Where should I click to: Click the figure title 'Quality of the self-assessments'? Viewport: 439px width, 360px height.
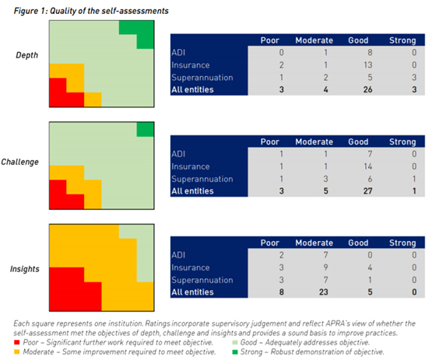pyautogui.click(x=109, y=11)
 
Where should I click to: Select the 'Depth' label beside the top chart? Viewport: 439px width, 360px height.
pyautogui.click(x=27, y=55)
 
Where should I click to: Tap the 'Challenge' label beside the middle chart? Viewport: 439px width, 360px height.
pyautogui.click(x=20, y=162)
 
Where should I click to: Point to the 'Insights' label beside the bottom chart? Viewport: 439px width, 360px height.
pyautogui.click(x=25, y=269)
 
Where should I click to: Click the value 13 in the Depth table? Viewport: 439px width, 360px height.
pyautogui.click(x=367, y=65)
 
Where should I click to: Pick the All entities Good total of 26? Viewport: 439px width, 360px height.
pyautogui.click(x=367, y=89)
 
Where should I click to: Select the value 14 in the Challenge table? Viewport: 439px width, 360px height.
pyautogui.click(x=367, y=166)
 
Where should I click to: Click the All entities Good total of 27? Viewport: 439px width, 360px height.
pyautogui.click(x=367, y=191)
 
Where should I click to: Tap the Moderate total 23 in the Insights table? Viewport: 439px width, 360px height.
pyautogui.click(x=323, y=292)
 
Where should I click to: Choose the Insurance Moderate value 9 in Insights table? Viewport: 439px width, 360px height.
pyautogui.click(x=325, y=267)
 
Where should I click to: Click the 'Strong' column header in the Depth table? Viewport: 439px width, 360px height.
pyautogui.click(x=402, y=40)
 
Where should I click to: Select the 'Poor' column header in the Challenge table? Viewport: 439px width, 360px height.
pyautogui.click(x=270, y=142)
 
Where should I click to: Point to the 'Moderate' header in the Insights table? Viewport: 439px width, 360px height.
pyautogui.click(x=314, y=243)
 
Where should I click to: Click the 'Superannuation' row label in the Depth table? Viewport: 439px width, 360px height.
pyautogui.click(x=202, y=78)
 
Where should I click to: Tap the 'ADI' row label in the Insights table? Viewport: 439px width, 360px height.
pyautogui.click(x=178, y=255)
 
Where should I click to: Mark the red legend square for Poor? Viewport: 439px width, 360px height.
pyautogui.click(x=17, y=342)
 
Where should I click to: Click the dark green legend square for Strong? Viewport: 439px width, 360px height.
pyautogui.click(x=235, y=352)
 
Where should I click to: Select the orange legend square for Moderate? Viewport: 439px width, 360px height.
pyautogui.click(x=17, y=352)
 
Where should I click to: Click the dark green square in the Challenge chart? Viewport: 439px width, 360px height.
pyautogui.click(x=145, y=130)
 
